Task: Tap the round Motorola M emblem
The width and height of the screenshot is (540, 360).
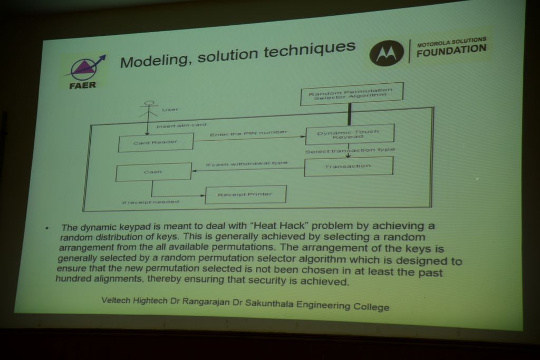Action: click(387, 53)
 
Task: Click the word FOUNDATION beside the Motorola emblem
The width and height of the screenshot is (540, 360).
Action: click(451, 50)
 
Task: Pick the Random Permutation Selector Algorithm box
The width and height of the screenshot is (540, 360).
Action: click(352, 93)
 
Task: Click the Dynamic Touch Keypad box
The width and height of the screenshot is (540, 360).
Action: click(349, 134)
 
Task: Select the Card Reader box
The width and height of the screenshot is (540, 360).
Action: click(156, 142)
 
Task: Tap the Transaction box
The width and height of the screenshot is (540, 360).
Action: click(348, 166)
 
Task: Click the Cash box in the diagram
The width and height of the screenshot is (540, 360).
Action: click(153, 172)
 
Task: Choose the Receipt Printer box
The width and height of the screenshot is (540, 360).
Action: click(245, 194)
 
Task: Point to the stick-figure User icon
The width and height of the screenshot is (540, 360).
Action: click(148, 110)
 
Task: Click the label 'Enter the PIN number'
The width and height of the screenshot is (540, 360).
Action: click(248, 133)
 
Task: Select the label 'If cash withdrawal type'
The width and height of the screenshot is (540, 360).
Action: click(247, 163)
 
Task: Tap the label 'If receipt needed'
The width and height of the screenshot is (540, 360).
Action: click(150, 202)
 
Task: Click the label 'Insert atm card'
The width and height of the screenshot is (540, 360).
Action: click(181, 125)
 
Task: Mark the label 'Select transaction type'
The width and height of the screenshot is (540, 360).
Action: click(350, 150)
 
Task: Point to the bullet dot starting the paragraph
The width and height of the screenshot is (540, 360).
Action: click(47, 228)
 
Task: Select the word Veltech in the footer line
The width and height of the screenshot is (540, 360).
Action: click(115, 300)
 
